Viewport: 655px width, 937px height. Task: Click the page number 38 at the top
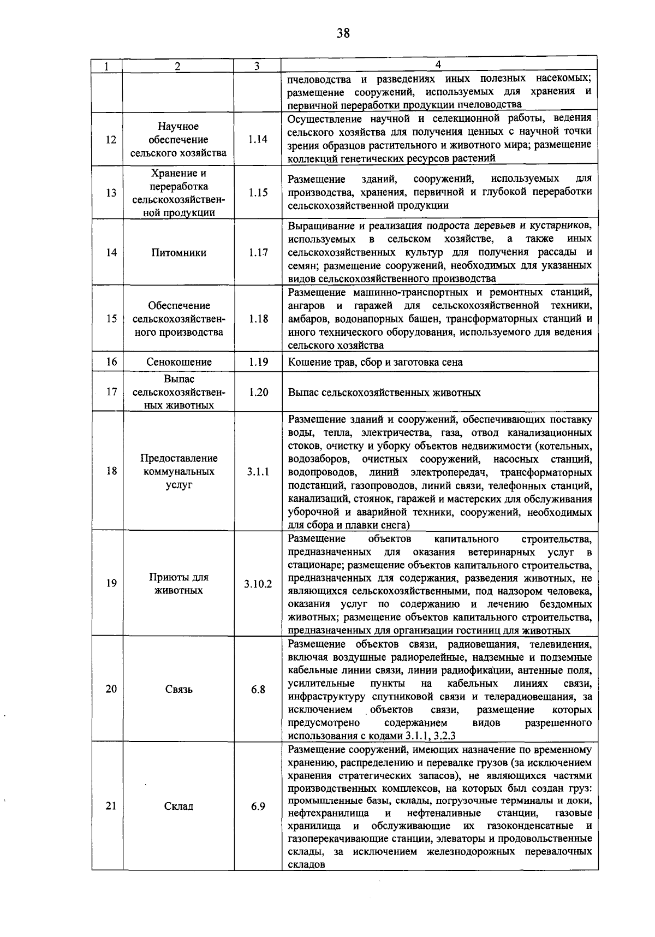pyautogui.click(x=343, y=34)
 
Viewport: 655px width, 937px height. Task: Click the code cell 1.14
pyautogui.click(x=258, y=140)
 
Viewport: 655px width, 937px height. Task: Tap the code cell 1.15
pyautogui.click(x=258, y=193)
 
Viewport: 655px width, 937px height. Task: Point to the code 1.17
pyautogui.click(x=258, y=253)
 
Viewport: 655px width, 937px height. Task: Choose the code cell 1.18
pyautogui.click(x=258, y=319)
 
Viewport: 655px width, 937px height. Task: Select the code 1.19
pyautogui.click(x=258, y=362)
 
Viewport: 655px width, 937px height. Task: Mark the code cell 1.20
pyautogui.click(x=258, y=392)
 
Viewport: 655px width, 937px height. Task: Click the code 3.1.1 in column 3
pyautogui.click(x=258, y=472)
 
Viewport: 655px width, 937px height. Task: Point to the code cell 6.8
pyautogui.click(x=258, y=690)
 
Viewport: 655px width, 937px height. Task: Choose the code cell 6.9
pyautogui.click(x=258, y=806)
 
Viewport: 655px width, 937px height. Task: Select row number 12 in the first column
pyautogui.click(x=111, y=140)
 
